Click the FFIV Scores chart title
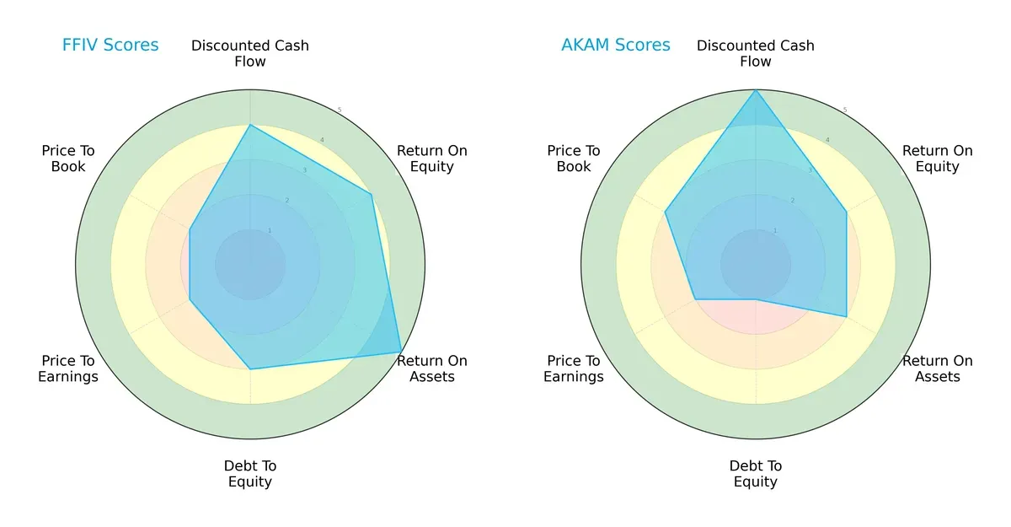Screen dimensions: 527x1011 click(x=110, y=46)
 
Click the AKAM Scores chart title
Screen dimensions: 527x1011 click(x=616, y=46)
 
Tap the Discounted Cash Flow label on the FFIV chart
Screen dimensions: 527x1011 click(x=250, y=53)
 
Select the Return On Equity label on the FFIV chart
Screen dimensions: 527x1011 click(x=432, y=159)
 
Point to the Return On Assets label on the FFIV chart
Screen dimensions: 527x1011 click(x=432, y=368)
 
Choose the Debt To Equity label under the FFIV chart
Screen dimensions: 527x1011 click(x=250, y=474)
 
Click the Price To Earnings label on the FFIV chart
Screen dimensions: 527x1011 click(x=68, y=368)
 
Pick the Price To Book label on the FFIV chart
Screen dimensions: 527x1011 click(x=68, y=159)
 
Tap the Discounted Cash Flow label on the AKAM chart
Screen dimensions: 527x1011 click(x=756, y=53)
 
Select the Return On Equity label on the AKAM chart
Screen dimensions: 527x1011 click(x=938, y=159)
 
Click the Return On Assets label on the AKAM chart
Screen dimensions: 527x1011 click(x=938, y=368)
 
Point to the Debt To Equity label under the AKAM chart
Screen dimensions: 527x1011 click(x=756, y=474)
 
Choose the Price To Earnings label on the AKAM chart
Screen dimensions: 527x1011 click(x=574, y=368)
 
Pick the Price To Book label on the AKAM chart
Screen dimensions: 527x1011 click(x=574, y=159)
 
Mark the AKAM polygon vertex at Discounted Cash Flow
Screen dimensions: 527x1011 click(x=756, y=90)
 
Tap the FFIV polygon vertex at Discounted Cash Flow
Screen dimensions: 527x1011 click(x=250, y=125)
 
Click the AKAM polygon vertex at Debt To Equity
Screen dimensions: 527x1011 click(x=756, y=299)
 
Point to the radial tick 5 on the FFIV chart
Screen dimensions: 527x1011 click(x=340, y=110)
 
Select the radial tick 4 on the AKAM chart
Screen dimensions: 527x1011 click(x=827, y=140)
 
